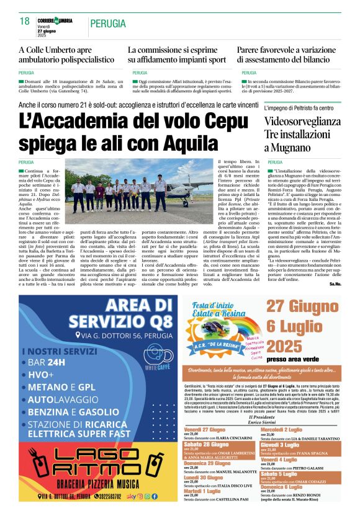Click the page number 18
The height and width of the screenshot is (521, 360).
pyautogui.click(x=25, y=21)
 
